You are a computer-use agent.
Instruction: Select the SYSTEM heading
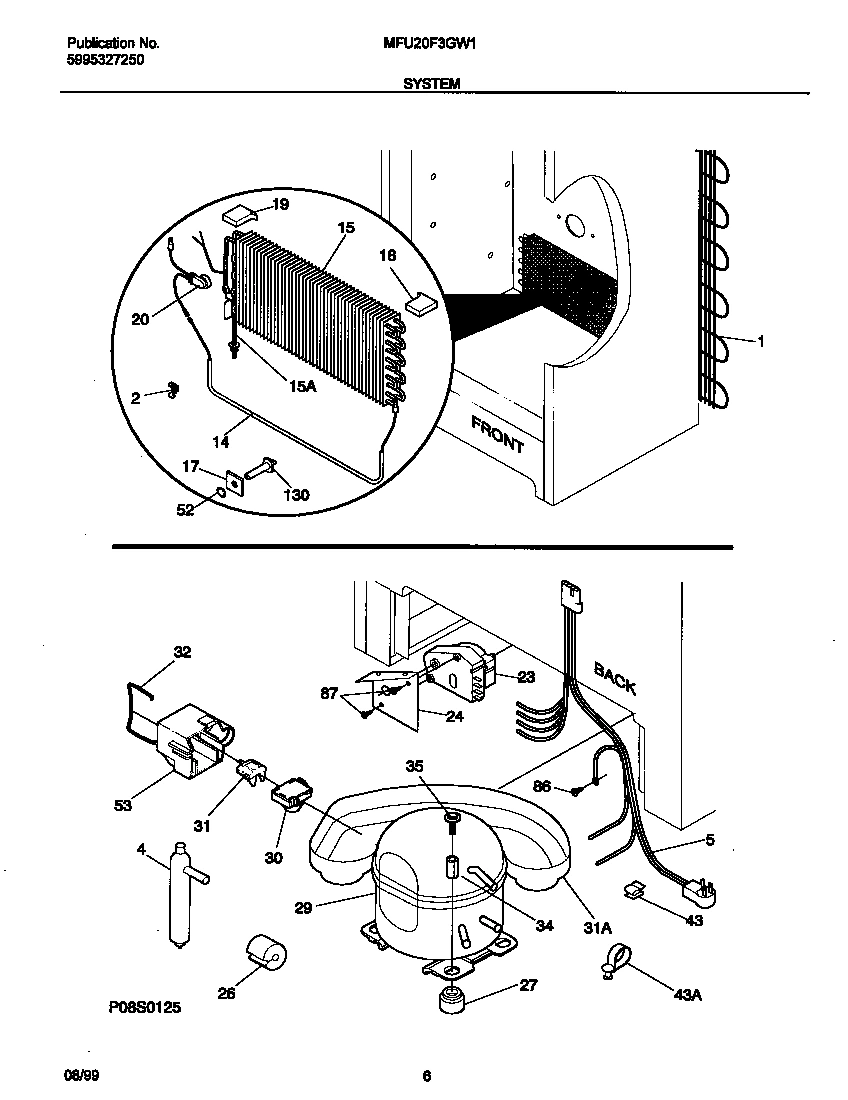[432, 85]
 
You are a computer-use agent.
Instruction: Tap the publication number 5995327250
[105, 60]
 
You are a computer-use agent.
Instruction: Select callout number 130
[297, 495]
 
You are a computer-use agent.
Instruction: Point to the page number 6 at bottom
[426, 1076]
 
